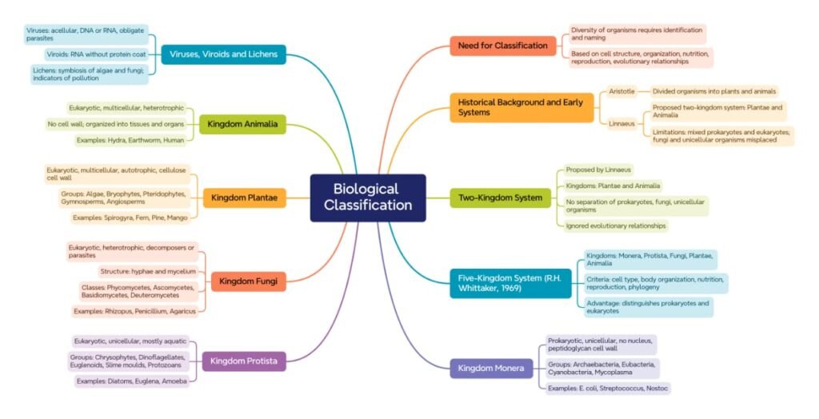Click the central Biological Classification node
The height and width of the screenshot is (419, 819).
point(368,198)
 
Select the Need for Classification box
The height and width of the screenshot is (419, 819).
point(503,46)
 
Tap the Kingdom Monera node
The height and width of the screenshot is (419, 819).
point(491,369)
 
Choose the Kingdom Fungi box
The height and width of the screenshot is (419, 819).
point(248,281)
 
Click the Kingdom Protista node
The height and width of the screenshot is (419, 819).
point(244,361)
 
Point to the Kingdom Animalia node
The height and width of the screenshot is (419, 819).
point(242,124)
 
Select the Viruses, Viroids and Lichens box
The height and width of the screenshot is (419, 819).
point(223,54)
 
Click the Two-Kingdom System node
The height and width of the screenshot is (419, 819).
point(500,198)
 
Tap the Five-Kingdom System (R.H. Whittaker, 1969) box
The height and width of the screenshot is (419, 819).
point(509,282)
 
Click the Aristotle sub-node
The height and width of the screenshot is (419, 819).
point(621,91)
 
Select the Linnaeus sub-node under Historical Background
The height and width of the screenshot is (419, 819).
point(621,123)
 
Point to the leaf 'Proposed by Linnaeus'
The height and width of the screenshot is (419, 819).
point(598,170)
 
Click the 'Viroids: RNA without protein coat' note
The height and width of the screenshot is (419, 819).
point(97,54)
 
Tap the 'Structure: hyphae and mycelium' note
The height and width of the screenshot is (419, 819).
point(147,271)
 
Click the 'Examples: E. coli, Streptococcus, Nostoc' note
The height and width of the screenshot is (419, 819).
point(608,388)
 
